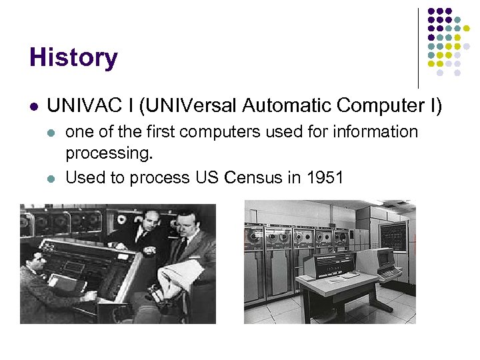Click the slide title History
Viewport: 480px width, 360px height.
click(x=73, y=58)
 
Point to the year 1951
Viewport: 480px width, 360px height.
click(x=324, y=178)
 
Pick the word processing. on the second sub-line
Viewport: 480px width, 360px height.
click(x=109, y=155)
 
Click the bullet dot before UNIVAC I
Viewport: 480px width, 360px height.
click(x=34, y=106)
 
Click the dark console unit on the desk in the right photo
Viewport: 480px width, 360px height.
click(x=328, y=265)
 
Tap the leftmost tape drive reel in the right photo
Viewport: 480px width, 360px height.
click(x=255, y=236)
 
